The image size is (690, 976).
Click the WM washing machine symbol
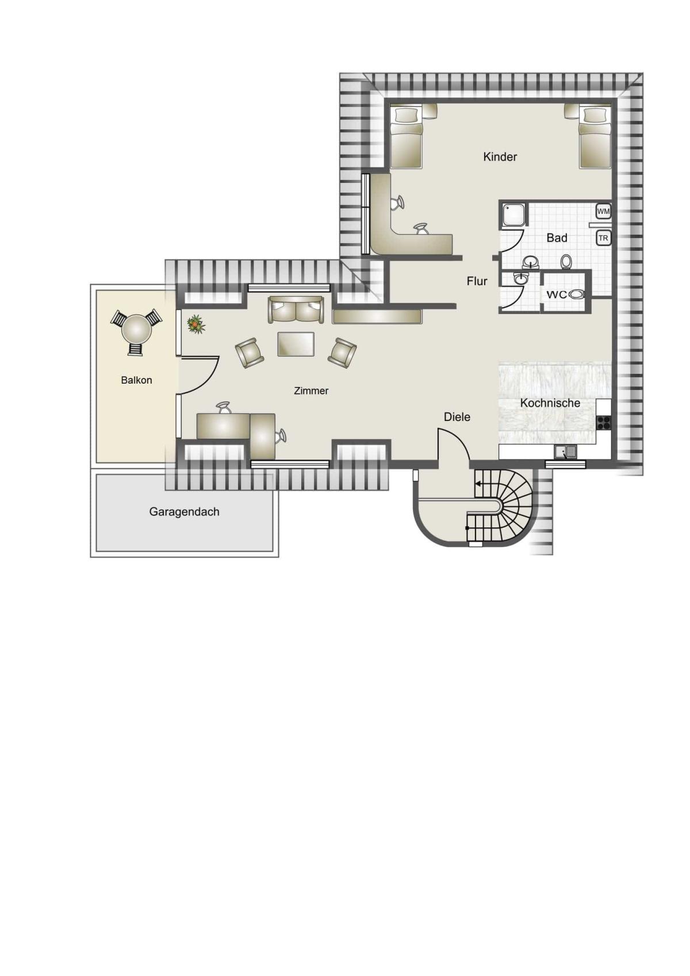(603, 211)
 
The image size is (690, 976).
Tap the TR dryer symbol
(603, 238)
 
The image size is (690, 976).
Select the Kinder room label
(500, 157)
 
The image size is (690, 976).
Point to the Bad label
(557, 238)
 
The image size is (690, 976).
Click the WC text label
(557, 294)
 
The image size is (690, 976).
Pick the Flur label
(477, 281)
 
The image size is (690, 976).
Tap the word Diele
(457, 417)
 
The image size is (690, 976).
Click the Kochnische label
(550, 403)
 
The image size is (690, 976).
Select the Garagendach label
(184, 511)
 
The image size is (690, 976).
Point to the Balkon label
(136, 380)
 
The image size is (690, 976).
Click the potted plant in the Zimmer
(195, 324)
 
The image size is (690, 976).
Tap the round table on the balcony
(136, 330)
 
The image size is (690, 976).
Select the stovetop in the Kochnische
(604, 422)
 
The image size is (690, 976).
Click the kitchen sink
(565, 452)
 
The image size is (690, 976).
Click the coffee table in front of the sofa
(296, 344)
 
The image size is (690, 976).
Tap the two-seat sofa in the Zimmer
(296, 310)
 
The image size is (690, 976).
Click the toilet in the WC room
(576, 294)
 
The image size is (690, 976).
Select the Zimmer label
(311, 391)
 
